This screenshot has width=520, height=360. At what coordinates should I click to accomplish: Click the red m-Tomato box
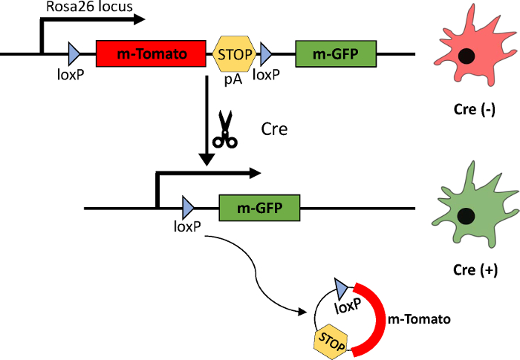(152, 54)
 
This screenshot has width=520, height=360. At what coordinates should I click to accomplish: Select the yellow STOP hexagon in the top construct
(235, 54)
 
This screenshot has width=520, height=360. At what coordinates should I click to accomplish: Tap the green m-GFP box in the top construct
(336, 54)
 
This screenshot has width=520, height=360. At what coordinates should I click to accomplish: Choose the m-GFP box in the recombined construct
(259, 207)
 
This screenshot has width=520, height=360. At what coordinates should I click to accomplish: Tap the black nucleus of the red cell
(467, 56)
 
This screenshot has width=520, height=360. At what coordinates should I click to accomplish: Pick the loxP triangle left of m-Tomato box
(74, 54)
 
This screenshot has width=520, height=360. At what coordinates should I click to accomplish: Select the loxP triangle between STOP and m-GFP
(265, 54)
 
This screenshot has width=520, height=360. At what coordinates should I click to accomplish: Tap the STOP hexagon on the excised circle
(332, 341)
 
